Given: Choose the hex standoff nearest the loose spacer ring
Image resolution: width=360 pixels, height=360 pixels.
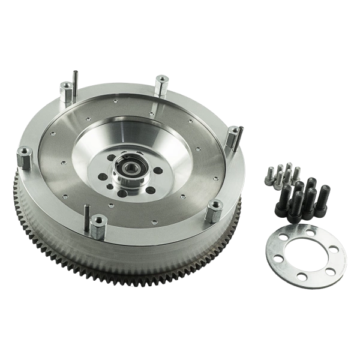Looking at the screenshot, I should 214,213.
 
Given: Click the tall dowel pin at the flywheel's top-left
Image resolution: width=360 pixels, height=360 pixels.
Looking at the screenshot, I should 76,81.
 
